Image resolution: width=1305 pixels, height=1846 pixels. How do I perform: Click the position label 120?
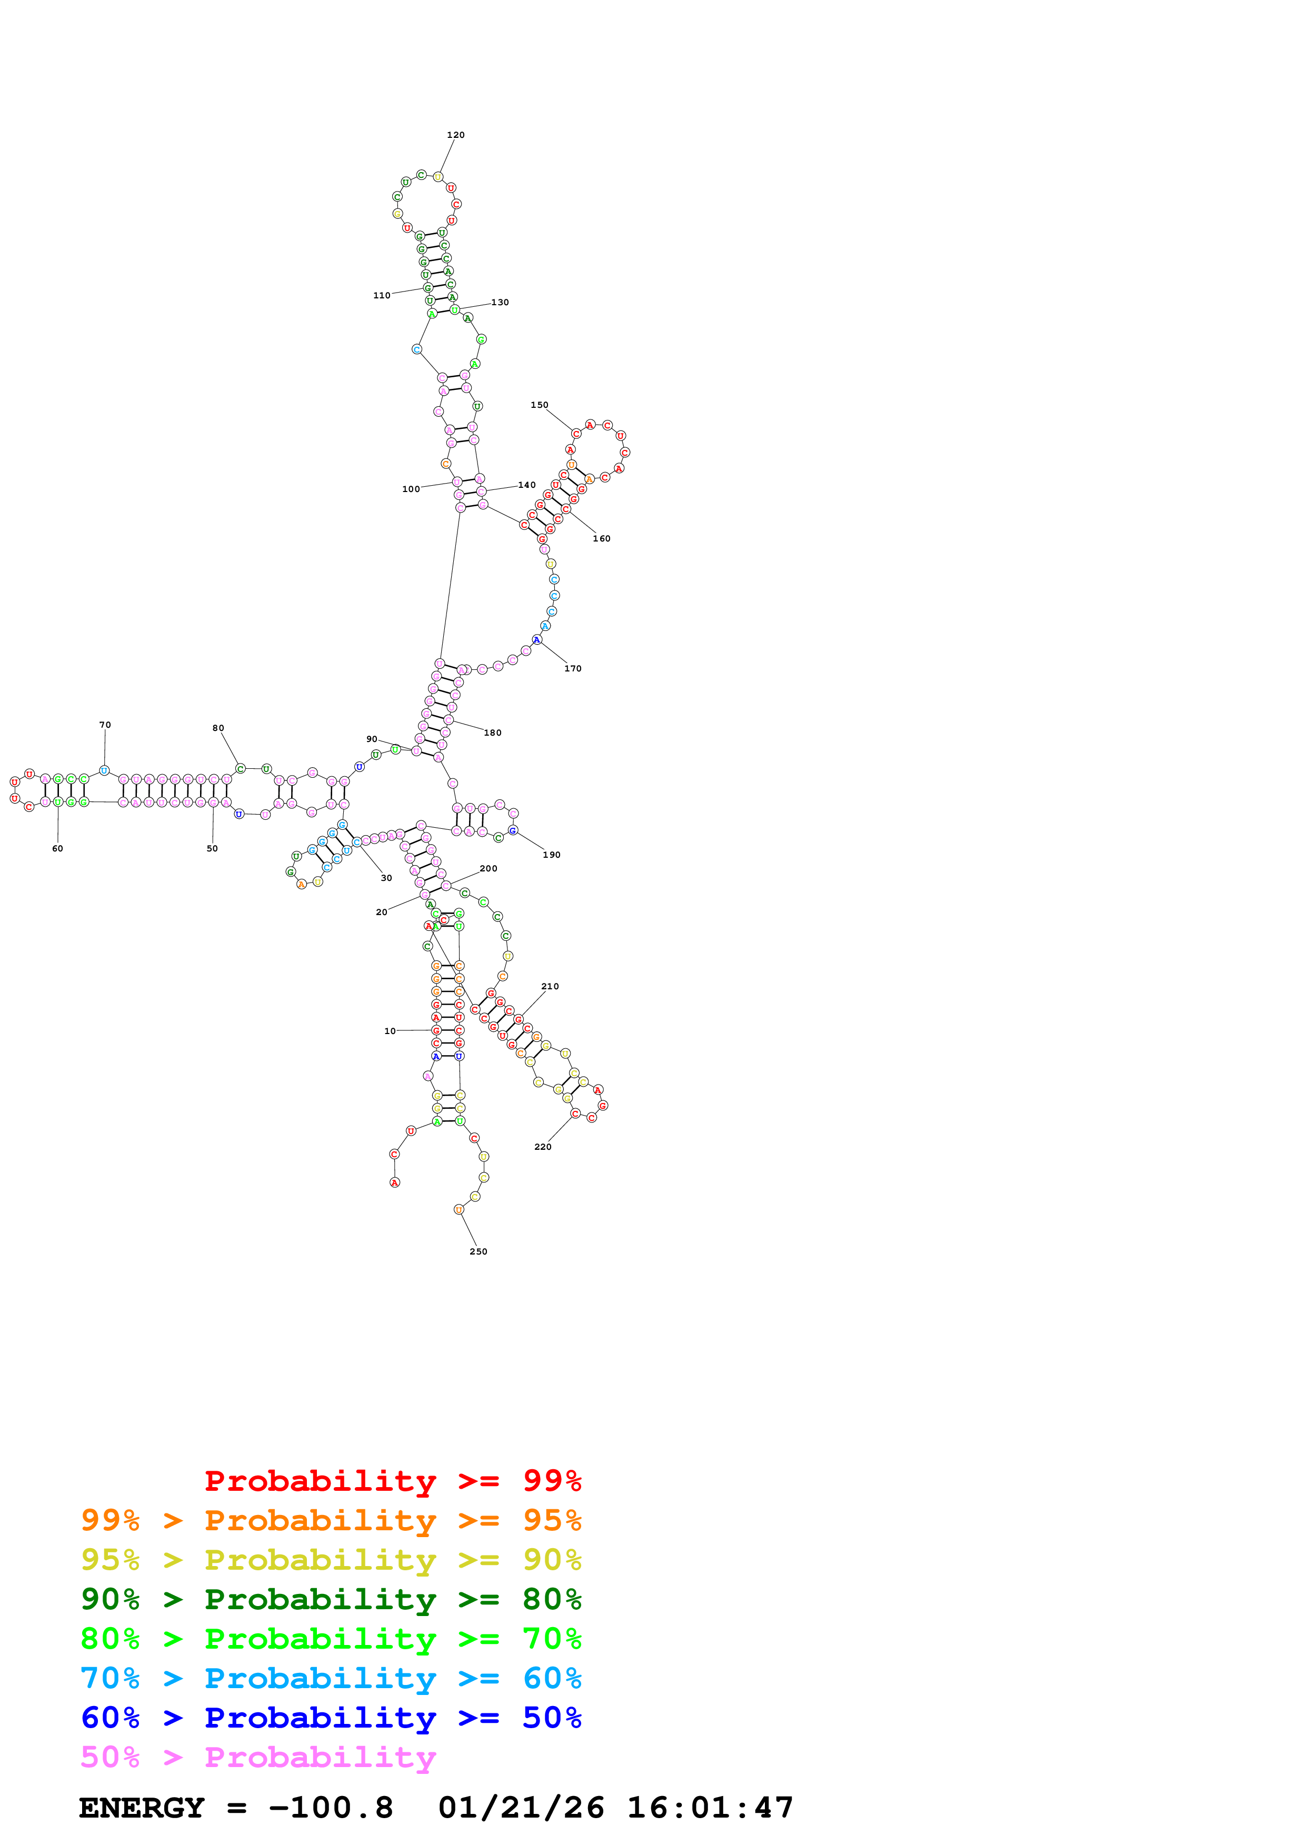(455, 135)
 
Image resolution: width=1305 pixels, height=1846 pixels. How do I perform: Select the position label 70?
(105, 725)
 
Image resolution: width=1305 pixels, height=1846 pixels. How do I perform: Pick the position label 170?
(573, 668)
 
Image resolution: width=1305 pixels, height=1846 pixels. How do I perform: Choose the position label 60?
(57, 848)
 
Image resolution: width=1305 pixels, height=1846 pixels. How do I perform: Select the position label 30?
(386, 878)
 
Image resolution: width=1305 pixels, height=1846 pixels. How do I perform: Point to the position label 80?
(218, 728)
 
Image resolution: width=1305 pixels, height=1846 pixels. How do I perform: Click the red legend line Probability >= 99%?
(392, 1480)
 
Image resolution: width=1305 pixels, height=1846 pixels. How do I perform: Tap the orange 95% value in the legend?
(552, 1520)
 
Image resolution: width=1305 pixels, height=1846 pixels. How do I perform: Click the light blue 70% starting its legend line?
(110, 1678)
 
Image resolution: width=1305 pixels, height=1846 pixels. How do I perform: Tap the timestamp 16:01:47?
(709, 1808)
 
